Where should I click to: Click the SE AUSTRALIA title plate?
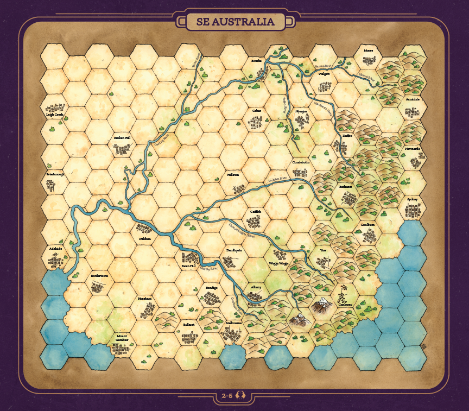234,22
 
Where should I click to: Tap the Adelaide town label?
55,249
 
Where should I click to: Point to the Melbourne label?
233,323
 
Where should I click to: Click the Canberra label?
345,305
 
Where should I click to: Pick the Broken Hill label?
122,138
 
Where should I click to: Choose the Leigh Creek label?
55,115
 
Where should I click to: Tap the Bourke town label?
256,61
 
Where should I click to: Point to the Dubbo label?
347,136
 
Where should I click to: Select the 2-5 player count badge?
234,396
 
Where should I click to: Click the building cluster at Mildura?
144,229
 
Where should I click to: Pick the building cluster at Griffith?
253,222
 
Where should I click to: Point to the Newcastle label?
413,148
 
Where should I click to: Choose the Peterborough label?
55,174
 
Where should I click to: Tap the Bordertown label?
99,276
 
